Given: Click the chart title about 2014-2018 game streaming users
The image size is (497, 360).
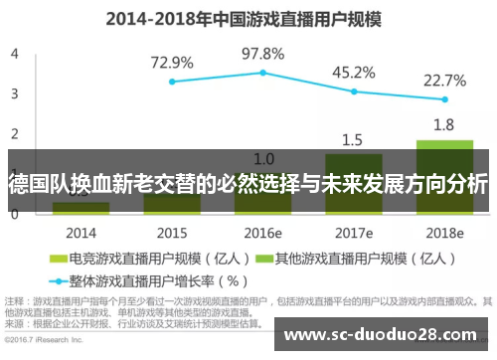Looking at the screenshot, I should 248,19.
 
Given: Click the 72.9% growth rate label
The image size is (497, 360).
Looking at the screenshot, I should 172,62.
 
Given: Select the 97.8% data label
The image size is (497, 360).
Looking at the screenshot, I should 262,53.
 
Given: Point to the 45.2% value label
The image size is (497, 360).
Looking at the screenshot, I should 353,73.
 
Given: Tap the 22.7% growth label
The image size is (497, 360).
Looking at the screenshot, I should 444,81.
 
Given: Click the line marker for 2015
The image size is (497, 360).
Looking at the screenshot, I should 172,82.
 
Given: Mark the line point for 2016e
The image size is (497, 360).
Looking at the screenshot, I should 262,73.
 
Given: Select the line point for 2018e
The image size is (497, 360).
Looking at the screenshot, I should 444,99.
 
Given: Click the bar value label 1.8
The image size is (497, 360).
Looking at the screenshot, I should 444,125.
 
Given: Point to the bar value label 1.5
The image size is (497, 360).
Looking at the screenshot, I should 353,139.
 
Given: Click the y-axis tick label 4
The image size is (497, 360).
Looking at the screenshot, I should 14,54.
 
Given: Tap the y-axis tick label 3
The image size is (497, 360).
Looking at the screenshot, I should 14,93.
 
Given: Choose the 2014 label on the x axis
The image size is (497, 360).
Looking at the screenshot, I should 81,232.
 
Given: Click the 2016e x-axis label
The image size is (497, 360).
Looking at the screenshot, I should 262,232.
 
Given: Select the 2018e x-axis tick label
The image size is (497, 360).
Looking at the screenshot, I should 444,232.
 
